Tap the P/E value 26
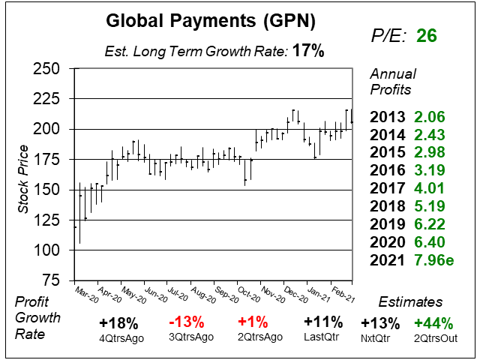tap(427, 35)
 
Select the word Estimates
tap(411, 301)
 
